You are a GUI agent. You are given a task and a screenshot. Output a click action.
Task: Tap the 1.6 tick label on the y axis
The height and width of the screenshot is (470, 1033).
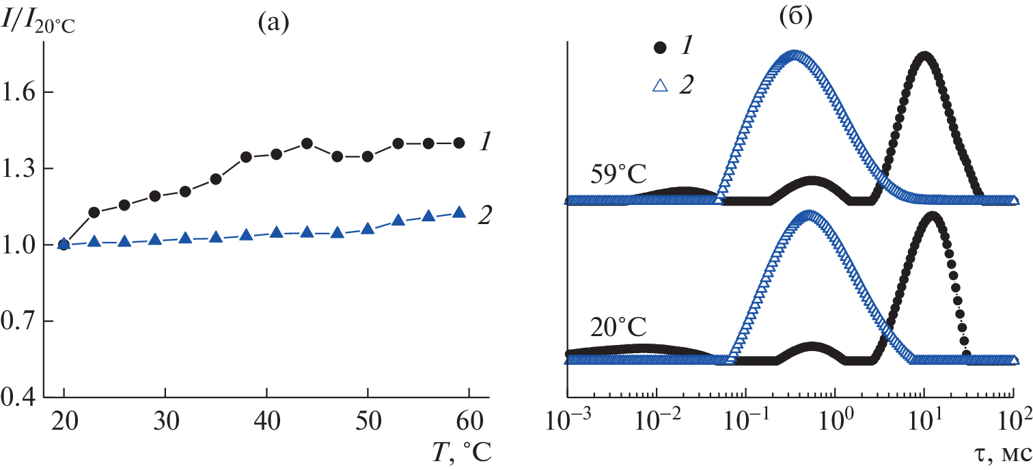coord(20,92)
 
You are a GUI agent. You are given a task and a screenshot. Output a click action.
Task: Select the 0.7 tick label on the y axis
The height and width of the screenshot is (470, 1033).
coord(20,321)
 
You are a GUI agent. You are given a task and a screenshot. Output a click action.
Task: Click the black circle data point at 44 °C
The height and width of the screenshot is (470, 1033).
coord(307,143)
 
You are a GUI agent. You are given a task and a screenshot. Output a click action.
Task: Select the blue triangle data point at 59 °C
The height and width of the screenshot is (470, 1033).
coord(459,212)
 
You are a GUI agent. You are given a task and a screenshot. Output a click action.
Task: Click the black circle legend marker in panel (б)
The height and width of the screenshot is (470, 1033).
coord(659,48)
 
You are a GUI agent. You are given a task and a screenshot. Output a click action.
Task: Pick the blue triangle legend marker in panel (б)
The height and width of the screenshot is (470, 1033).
coord(659,85)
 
